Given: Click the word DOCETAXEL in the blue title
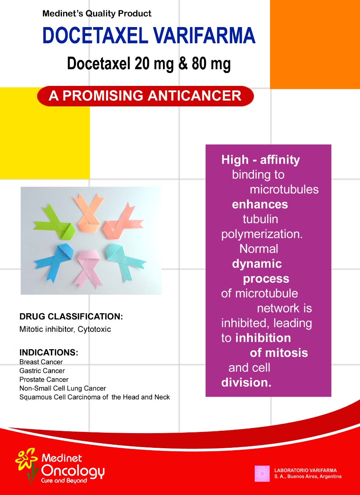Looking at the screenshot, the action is click(95, 35).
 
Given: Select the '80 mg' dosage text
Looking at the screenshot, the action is click(211, 64).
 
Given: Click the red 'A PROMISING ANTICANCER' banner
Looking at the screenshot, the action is click(145, 96).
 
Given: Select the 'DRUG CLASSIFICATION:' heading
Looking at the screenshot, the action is click(71, 316).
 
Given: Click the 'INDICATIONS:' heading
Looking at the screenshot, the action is click(49, 352).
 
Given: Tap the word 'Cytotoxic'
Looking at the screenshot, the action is click(94, 329).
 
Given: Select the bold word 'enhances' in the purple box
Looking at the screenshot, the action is click(260, 205).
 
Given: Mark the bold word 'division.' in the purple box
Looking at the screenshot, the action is click(246, 382).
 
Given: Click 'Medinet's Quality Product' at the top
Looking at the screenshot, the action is click(97, 14).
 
